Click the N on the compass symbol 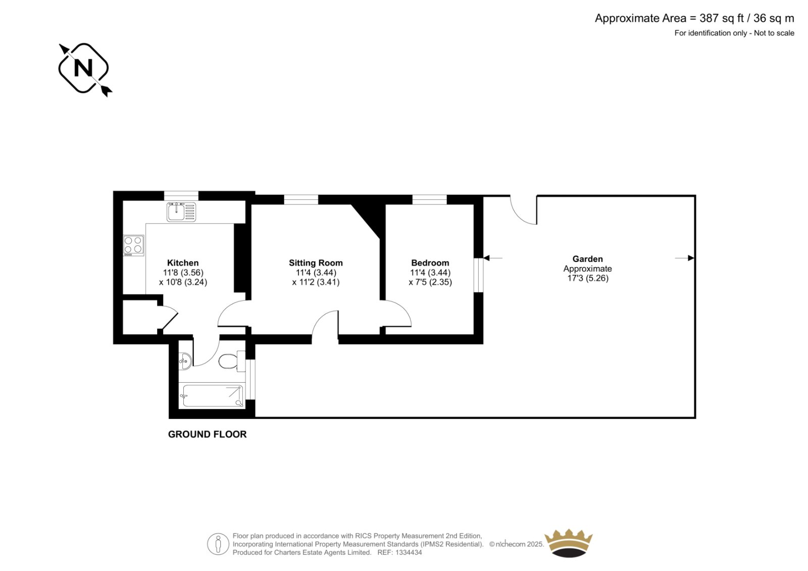coord(83,68)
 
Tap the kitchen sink coord(181,212)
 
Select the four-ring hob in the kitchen coord(133,245)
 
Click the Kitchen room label coord(183,263)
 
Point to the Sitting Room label coord(316,263)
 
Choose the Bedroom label coord(430,263)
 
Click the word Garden coord(588,259)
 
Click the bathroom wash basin coord(185,360)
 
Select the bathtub coord(213,396)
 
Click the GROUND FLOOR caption coord(208,434)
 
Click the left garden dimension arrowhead coord(487,258)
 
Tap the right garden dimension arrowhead coord(691,258)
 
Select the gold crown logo coord(569,543)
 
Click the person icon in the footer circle coord(218,544)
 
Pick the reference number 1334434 coord(409,552)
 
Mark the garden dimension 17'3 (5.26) coord(588,278)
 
